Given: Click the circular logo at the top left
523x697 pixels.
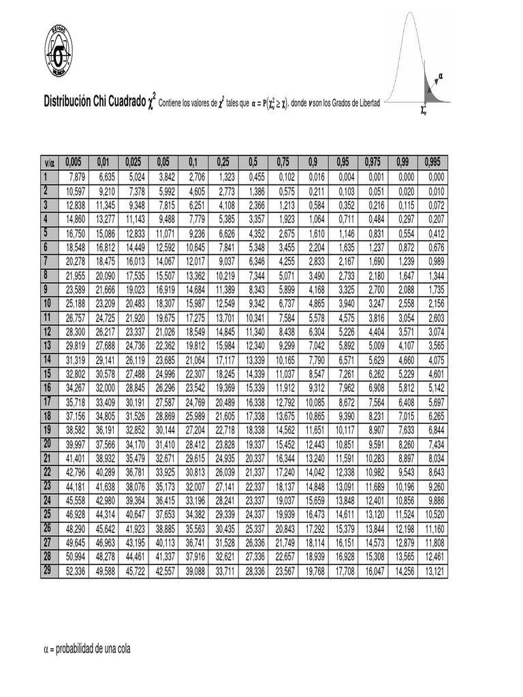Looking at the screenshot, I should click(61, 51).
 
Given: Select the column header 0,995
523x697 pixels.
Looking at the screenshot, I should click(433, 162).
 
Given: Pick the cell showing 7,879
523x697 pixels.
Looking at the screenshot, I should click(77, 177).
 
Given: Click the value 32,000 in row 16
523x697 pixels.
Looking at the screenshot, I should click(105, 387).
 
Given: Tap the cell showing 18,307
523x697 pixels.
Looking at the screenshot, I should click(165, 303).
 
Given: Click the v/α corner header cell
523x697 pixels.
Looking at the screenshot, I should click(49, 162).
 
